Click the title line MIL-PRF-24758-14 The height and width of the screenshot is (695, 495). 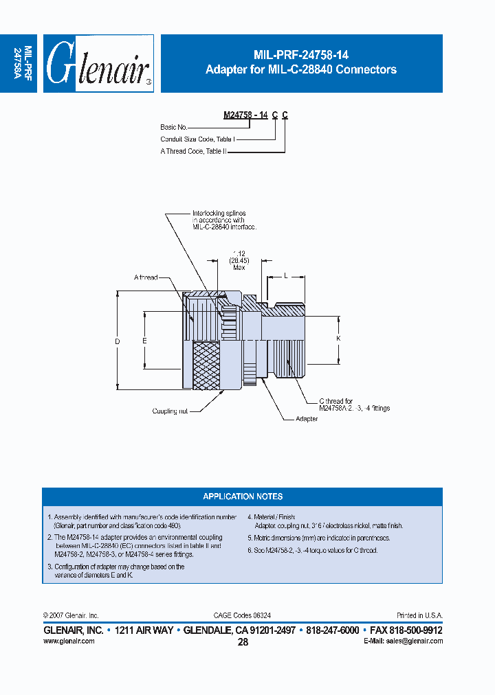[x=301, y=56]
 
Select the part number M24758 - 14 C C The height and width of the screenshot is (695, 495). [x=255, y=115]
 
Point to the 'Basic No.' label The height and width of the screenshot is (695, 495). [x=175, y=127]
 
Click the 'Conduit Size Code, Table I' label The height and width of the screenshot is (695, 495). [x=197, y=139]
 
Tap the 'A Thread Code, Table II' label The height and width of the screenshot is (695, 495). [x=193, y=151]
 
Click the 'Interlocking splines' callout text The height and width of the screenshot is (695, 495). [x=219, y=214]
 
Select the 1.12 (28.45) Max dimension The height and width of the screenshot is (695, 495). [x=239, y=260]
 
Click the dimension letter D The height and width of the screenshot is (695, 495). [x=117, y=341]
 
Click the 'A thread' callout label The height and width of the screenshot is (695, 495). [x=146, y=277]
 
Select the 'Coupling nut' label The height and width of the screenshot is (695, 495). [x=170, y=411]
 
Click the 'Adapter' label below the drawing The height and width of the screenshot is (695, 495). [x=306, y=418]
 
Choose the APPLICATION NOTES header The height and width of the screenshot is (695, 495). [x=243, y=497]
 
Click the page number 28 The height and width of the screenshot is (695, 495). [x=243, y=642]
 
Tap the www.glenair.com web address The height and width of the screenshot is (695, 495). [x=69, y=641]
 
